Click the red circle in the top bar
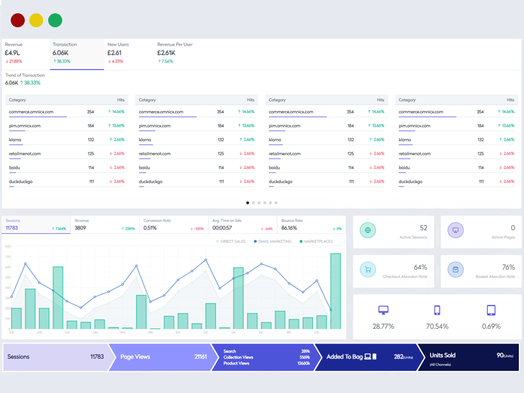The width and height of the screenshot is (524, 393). point(18,20)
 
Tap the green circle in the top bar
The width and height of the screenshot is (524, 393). point(55,20)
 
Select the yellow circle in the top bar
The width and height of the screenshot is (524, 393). point(36,20)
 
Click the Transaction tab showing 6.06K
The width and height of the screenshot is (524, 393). point(77,53)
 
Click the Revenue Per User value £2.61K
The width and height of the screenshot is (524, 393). point(166,53)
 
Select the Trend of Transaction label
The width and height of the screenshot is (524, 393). point(25,75)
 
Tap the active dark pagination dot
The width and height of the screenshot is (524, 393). point(247,203)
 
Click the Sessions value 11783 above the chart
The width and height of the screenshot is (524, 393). point(13,228)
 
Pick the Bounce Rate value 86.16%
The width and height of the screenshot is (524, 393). point(289,228)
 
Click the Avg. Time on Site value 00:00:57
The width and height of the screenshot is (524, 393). point(222,228)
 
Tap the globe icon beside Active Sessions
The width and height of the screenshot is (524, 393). point(367,231)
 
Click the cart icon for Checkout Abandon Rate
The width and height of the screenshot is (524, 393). point(367,270)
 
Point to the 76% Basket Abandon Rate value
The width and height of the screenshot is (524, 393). point(508,267)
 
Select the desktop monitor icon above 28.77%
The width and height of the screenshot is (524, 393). point(383,311)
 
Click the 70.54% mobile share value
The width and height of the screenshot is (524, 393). point(436,326)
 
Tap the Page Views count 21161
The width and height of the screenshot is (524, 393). point(200,357)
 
